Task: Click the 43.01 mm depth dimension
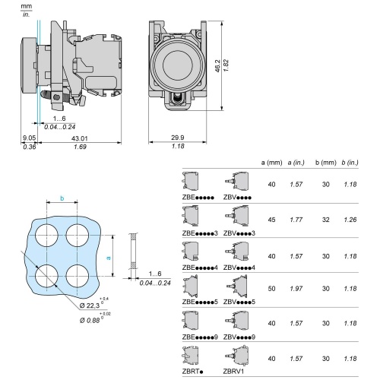[x=79, y=138]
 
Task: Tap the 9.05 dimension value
[x=30, y=138]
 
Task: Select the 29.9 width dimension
[x=178, y=138]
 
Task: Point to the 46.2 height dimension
[x=217, y=66]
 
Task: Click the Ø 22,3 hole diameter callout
[x=90, y=306]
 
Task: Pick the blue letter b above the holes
[x=62, y=198]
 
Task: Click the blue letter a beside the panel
[x=109, y=258]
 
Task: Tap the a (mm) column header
[x=271, y=163]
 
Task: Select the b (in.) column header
[x=350, y=163]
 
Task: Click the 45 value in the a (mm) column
[x=271, y=220]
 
